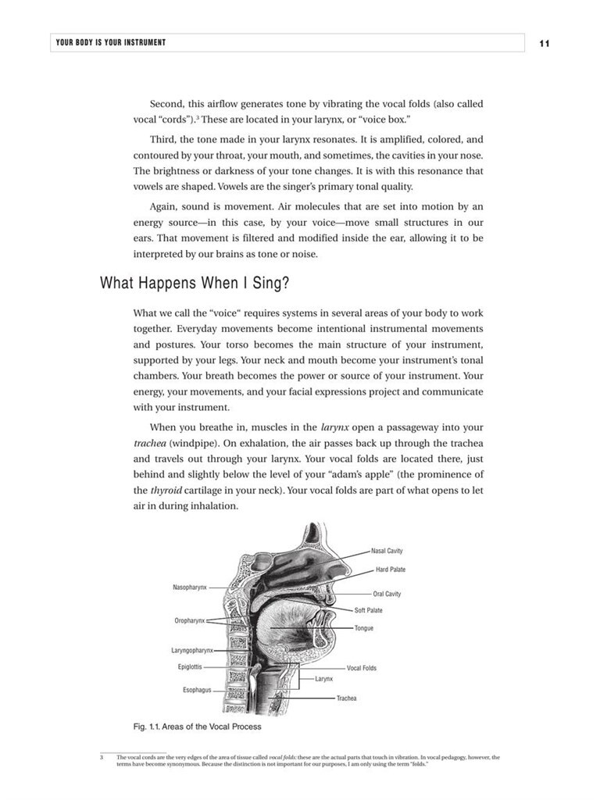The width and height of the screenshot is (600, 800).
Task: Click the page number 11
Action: (x=545, y=43)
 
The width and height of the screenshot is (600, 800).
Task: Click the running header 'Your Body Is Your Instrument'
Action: (x=110, y=42)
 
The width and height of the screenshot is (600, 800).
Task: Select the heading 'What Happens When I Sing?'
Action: (x=196, y=283)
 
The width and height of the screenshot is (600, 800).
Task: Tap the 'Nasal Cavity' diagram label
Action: (x=387, y=551)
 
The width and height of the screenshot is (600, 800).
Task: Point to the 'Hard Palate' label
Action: (x=390, y=570)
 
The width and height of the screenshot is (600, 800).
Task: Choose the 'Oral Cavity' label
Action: (x=387, y=594)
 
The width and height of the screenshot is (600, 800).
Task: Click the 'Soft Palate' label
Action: (x=368, y=610)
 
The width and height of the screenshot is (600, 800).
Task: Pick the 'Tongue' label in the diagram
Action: (x=363, y=628)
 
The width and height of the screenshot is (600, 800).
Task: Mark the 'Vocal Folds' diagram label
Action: (x=362, y=668)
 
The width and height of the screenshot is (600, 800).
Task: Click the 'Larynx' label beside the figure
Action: (x=324, y=679)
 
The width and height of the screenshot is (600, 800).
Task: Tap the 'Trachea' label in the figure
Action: (x=346, y=698)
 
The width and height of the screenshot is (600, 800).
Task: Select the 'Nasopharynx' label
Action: (x=190, y=587)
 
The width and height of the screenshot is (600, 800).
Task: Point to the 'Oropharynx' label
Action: (x=190, y=620)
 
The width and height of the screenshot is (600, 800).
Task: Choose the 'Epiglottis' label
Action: (x=190, y=667)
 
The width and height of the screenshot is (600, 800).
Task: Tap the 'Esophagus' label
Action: (x=197, y=690)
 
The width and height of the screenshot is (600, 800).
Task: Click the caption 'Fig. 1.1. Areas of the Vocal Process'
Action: (x=198, y=727)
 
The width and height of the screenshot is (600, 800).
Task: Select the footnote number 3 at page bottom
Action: (x=102, y=757)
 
